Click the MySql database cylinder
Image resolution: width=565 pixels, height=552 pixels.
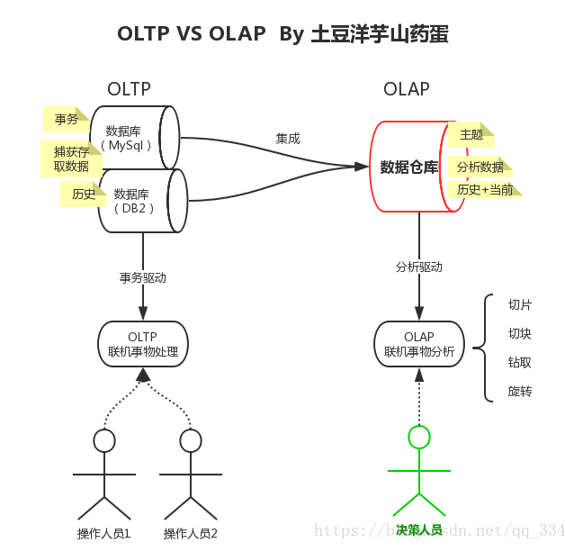tap(135, 138)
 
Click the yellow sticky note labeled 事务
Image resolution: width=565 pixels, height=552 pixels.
tap(66, 119)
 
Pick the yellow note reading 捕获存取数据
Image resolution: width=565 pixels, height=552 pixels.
tap(70, 158)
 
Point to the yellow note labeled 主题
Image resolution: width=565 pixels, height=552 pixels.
tap(471, 134)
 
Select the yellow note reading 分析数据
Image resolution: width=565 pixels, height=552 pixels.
tap(480, 167)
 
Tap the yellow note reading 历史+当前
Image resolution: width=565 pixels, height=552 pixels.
tap(484, 189)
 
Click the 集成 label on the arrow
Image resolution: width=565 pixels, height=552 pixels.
tap(288, 139)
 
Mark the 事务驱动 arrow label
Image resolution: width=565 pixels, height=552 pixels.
tap(143, 277)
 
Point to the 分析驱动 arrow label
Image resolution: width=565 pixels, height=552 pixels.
tap(419, 267)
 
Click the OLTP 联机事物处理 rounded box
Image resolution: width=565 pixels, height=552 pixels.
tap(143, 343)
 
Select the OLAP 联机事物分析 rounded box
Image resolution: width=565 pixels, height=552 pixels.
tap(419, 343)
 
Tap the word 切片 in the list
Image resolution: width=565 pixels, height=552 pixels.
tap(520, 304)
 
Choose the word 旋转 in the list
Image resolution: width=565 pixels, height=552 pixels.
tap(520, 391)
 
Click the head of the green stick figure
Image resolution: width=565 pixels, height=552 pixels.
tap(419, 437)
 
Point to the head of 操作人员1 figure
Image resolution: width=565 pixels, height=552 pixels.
tap(104, 440)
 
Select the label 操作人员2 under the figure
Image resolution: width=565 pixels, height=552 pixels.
tap(191, 533)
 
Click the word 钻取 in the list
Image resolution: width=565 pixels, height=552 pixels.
tap(520, 362)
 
